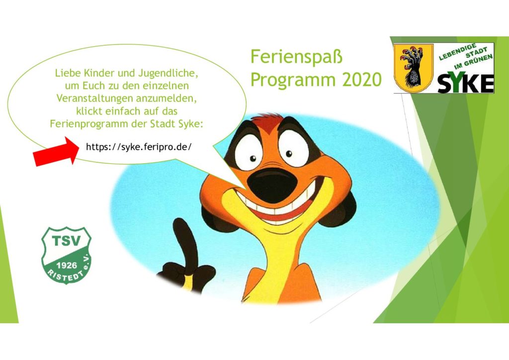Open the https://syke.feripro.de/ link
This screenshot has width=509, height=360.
(139, 147)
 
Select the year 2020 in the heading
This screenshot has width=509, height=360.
(362, 80)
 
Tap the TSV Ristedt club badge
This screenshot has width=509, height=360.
(67, 256)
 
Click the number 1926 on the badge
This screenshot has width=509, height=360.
(67, 265)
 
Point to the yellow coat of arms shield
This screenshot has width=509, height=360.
(413, 68)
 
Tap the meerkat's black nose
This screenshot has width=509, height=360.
(272, 185)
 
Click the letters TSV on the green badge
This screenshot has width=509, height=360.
(66, 241)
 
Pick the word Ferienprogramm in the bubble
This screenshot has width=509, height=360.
(88, 124)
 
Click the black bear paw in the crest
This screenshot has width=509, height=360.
(412, 68)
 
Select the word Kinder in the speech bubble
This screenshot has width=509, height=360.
(99, 73)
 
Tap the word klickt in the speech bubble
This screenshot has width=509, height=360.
(89, 111)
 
